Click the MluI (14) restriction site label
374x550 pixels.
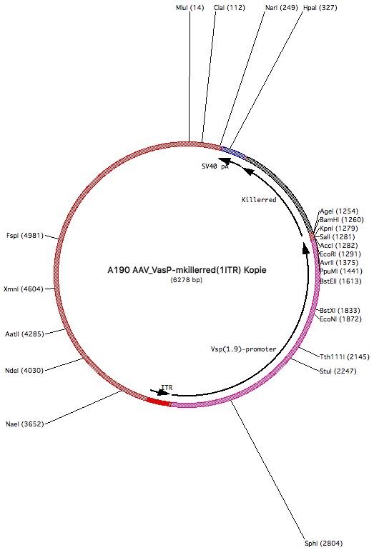[190, 8]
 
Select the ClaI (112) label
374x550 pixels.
[230, 8]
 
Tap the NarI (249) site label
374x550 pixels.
[282, 8]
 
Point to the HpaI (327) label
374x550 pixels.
[320, 8]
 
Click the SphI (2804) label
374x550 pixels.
[323, 544]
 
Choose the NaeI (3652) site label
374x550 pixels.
[24, 424]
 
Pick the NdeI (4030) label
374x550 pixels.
[24, 371]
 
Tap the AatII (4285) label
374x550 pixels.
[24, 334]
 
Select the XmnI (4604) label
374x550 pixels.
[24, 289]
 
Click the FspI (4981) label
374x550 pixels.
[25, 236]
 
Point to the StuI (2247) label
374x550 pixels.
[338, 371]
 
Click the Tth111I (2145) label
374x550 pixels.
[345, 357]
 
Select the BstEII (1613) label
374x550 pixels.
[340, 281]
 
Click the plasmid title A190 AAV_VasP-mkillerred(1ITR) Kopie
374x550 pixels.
[187, 270]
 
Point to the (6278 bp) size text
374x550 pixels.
[187, 280]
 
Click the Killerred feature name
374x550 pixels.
[259, 199]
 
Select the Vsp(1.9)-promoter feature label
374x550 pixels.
[243, 349]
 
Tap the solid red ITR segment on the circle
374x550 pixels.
[159, 401]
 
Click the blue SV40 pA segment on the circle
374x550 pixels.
[233, 152]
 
